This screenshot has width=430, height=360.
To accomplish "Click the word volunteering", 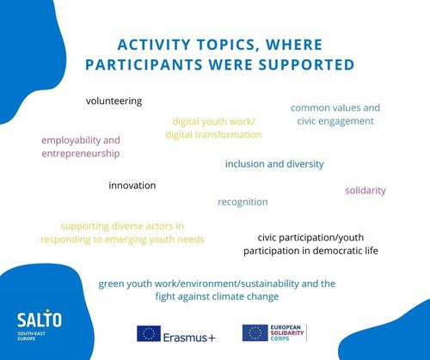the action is [114, 101].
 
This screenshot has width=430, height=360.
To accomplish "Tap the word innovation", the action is [132, 186].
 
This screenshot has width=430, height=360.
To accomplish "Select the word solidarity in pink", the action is [365, 191].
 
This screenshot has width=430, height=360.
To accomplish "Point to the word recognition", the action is [243, 202].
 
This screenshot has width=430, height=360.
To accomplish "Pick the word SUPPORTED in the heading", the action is [306, 64].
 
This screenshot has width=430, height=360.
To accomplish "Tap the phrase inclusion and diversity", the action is [274, 164].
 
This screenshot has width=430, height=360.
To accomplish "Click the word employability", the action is [71, 140].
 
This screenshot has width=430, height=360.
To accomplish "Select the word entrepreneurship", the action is [81, 154].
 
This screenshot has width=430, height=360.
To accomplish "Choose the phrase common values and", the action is [335, 107].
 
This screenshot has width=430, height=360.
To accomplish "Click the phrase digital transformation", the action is [213, 135].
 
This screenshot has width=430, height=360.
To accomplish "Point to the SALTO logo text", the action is [40, 319].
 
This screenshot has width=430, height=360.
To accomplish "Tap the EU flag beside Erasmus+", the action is [149, 333].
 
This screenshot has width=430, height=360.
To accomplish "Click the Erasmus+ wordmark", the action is [189, 338].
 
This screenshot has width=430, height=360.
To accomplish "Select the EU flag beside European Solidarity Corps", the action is [255, 333].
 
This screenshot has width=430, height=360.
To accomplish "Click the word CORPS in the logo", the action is [279, 339].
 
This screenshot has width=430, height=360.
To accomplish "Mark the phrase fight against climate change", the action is [217, 296].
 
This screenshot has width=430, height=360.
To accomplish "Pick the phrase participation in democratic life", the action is [310, 251].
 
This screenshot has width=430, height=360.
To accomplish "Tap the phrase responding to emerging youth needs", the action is [122, 240].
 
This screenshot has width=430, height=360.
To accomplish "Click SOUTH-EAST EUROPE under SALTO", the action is [31, 336].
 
